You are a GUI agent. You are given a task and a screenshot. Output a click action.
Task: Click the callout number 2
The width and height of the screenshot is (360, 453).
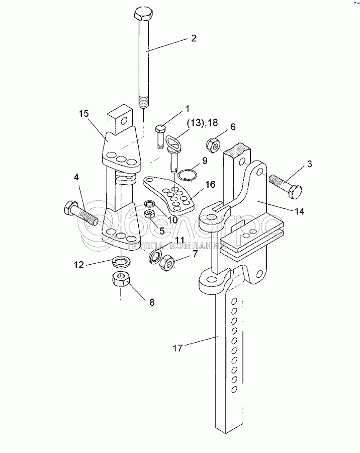[194, 38]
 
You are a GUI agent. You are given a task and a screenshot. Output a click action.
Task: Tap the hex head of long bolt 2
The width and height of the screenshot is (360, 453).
[143, 15]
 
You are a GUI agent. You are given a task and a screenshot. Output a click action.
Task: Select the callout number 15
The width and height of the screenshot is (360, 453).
[84, 114]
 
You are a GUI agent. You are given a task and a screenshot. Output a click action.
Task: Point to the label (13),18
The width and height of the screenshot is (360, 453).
[202, 123]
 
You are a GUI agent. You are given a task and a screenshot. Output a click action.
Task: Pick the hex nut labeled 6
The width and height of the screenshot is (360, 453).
[213, 145]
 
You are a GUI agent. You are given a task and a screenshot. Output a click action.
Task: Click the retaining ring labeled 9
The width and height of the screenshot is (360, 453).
[188, 175]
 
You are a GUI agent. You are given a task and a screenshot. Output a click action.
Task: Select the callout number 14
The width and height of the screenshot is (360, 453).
[299, 211]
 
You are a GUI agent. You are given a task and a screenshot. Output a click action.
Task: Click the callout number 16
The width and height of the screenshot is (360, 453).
[211, 184]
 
